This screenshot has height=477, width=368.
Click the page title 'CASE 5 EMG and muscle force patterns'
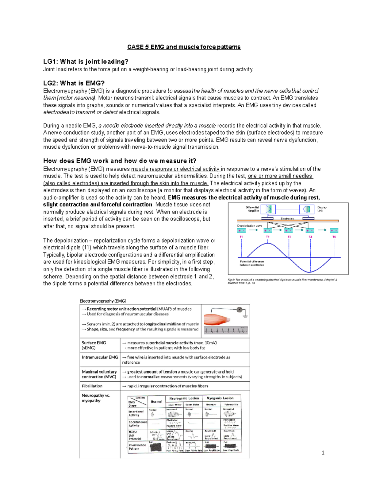pos(184,47)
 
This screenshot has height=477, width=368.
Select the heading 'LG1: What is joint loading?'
pos(86,61)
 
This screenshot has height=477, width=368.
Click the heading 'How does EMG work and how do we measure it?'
pos(120,161)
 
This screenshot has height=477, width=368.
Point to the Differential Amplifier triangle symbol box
pos(268,209)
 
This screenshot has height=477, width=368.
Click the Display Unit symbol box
pos(307,209)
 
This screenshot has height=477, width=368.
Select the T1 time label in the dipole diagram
pos(241,237)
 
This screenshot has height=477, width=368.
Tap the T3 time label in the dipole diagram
pos(289,237)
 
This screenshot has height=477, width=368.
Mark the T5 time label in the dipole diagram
pos(334,237)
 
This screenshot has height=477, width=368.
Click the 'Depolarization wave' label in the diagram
pos(249,226)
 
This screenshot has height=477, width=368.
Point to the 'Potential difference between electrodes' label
pos(252,263)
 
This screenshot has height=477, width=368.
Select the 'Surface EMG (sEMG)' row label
pos(94,345)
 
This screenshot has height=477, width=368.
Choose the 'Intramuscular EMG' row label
pos(100,357)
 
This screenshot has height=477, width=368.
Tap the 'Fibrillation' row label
pos(92,386)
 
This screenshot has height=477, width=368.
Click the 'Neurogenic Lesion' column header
pos(184,398)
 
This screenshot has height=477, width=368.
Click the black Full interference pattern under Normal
pos(156,447)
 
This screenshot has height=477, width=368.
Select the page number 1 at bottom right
pos(323,452)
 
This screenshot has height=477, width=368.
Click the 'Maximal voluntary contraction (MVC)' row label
pos(99,374)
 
